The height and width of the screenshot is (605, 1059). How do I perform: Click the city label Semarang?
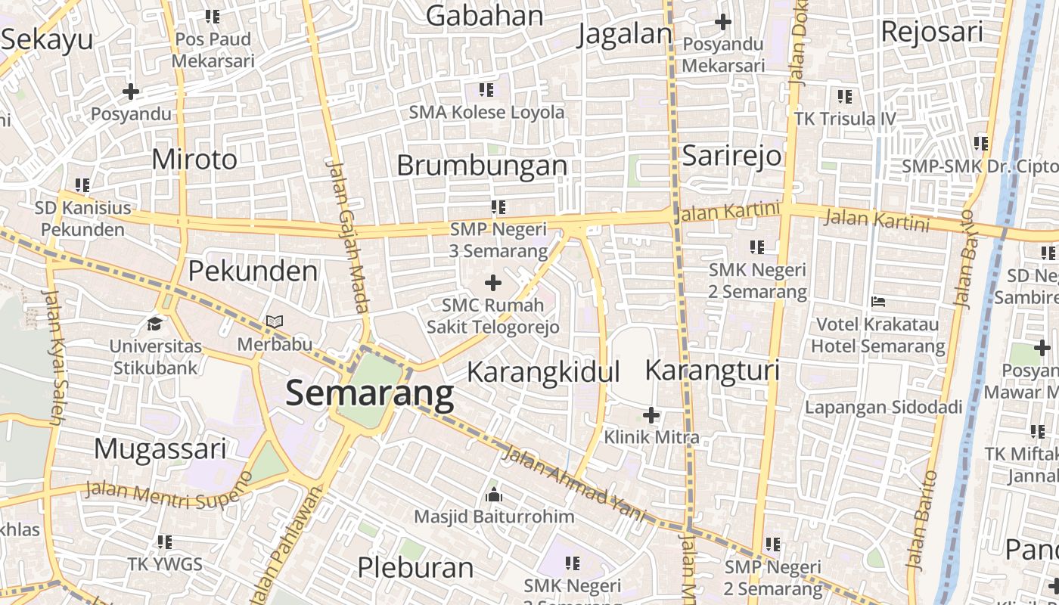click(x=370, y=394)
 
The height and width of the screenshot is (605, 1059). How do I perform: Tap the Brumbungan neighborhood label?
click(x=482, y=166)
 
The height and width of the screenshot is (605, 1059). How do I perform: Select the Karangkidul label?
click(x=543, y=372)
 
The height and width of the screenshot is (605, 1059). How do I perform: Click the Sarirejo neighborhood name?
click(x=731, y=155)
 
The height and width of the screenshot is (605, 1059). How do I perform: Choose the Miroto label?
click(x=194, y=160)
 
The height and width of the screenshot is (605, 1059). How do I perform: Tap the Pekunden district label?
click(x=253, y=271)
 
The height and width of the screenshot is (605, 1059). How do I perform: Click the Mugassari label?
click(x=160, y=449)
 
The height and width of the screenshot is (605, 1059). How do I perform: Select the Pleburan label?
click(x=415, y=567)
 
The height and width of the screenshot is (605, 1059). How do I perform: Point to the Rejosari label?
click(x=932, y=32)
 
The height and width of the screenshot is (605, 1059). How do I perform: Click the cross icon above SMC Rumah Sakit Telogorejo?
click(x=493, y=284)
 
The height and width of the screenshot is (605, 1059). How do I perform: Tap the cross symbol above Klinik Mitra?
click(x=651, y=415)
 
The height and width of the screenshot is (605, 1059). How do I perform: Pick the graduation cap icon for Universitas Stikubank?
click(x=155, y=324)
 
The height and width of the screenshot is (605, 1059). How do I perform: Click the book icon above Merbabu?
click(x=275, y=322)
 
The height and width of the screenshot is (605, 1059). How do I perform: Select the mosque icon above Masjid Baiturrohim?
click(x=494, y=495)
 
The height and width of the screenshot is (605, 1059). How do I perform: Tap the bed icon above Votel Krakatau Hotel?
click(x=878, y=302)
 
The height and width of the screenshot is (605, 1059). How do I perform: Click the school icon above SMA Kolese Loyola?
click(x=486, y=90)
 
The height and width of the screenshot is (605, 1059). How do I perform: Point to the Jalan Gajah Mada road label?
click(x=348, y=234)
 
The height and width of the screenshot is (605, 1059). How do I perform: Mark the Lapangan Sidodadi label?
click(x=883, y=408)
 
